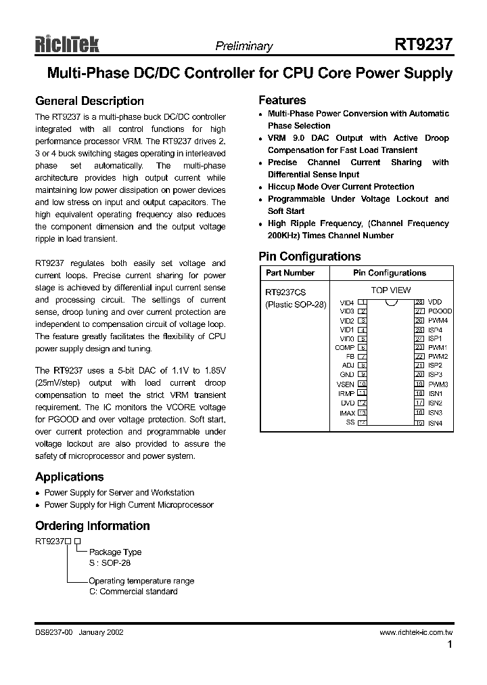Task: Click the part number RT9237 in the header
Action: point(423,45)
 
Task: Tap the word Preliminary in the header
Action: point(243,47)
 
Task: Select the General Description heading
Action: point(89,101)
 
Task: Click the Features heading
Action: point(282,100)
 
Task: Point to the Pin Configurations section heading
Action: point(310,257)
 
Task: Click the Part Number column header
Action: point(290,273)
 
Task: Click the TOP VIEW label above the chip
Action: point(391,290)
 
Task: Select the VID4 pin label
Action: point(346,302)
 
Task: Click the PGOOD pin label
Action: point(440,311)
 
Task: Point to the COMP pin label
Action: point(344,347)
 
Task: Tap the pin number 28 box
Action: point(419,302)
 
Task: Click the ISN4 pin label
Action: point(435,423)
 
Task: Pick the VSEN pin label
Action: point(345,384)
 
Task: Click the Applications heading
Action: point(70,477)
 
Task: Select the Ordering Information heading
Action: point(93,526)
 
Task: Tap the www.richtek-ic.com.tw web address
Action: point(415,632)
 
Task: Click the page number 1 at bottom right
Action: point(449,645)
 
